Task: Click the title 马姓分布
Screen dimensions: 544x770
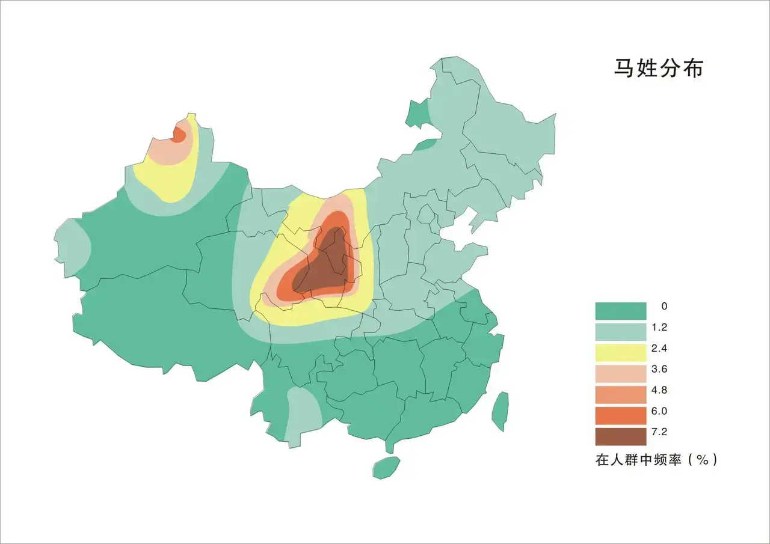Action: pos(658,68)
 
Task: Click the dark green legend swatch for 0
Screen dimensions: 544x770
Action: pos(620,311)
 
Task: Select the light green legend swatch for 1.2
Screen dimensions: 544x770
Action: pos(620,332)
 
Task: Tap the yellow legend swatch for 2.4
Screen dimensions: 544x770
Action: pos(620,353)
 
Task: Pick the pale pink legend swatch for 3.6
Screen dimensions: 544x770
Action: pos(620,374)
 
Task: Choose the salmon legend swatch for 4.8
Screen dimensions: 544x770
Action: pos(620,395)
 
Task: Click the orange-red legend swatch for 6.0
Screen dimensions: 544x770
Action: pos(620,416)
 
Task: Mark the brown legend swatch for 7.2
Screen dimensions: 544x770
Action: pos(620,436)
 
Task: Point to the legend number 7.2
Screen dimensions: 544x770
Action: pos(659,432)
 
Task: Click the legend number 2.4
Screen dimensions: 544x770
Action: pos(659,349)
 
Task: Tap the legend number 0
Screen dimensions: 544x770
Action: pos(664,307)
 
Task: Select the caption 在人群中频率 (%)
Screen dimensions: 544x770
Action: pos(656,460)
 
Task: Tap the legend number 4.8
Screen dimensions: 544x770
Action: pos(659,390)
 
